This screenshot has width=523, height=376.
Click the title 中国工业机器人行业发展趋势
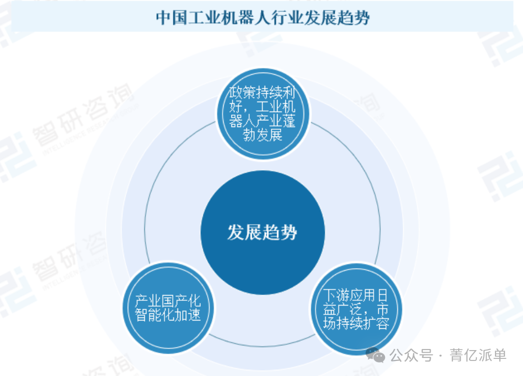(x=264, y=17)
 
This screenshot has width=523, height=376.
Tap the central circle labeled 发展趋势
(x=262, y=232)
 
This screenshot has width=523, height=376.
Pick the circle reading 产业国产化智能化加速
(x=168, y=308)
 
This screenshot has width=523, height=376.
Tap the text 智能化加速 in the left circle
(x=168, y=315)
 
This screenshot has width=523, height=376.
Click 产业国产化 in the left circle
(x=168, y=300)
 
